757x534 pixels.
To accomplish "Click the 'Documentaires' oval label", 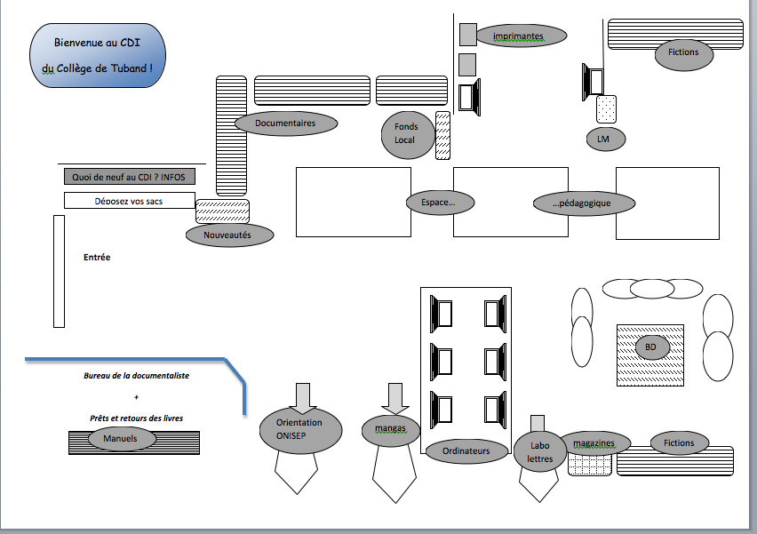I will [x=285, y=124].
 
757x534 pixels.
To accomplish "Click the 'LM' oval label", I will [x=606, y=139].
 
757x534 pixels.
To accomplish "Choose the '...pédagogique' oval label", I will [x=584, y=203].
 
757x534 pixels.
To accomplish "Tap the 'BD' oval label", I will [x=650, y=347].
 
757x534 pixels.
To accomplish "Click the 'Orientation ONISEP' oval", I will [x=299, y=430].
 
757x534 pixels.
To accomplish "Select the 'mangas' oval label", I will [x=390, y=428].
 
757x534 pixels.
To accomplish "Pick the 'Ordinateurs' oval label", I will [x=466, y=451].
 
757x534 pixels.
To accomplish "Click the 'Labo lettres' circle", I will [x=539, y=451].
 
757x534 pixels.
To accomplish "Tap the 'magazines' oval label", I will [x=601, y=442].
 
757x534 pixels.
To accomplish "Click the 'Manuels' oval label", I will [x=123, y=438].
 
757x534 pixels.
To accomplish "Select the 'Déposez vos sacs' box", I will [x=130, y=201].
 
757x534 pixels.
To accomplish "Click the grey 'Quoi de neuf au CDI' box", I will [x=130, y=177].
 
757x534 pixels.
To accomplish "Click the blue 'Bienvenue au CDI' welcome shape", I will [x=97, y=55].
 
